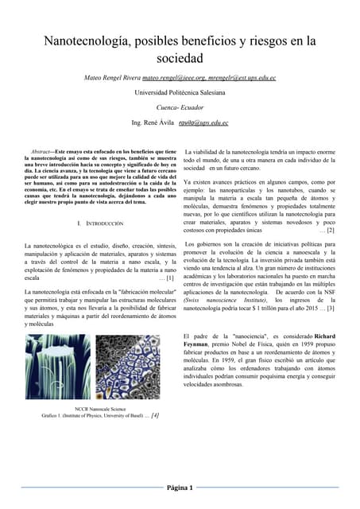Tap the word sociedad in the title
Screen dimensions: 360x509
pyautogui.click(x=180, y=58)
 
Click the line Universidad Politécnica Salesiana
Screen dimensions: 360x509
pyautogui.click(x=180, y=93)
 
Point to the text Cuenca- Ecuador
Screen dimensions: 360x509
pyautogui.click(x=180, y=108)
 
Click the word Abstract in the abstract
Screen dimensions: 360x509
pyautogui.click(x=41, y=150)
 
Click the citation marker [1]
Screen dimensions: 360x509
pyautogui.click(x=170, y=278)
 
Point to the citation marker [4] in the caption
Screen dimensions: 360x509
pyautogui.click(x=154, y=415)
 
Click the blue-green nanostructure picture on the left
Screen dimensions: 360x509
pyautogui.click(x=57, y=367)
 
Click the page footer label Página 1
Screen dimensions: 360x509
pyautogui.click(x=180, y=488)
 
